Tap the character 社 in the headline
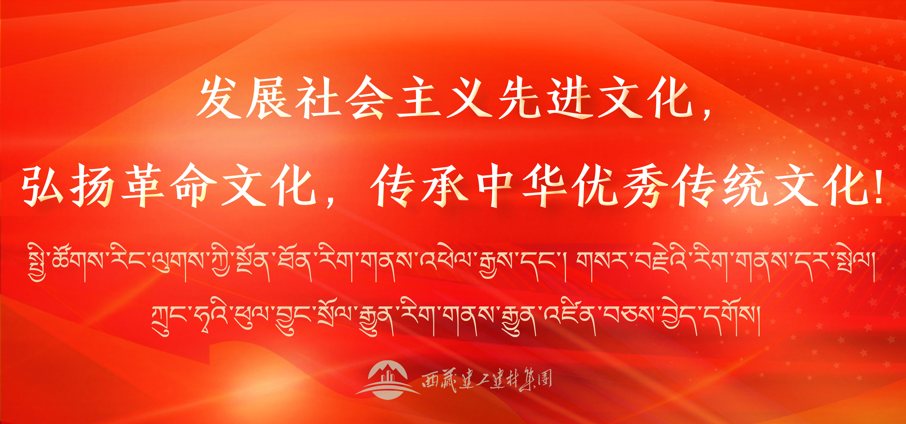318,98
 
